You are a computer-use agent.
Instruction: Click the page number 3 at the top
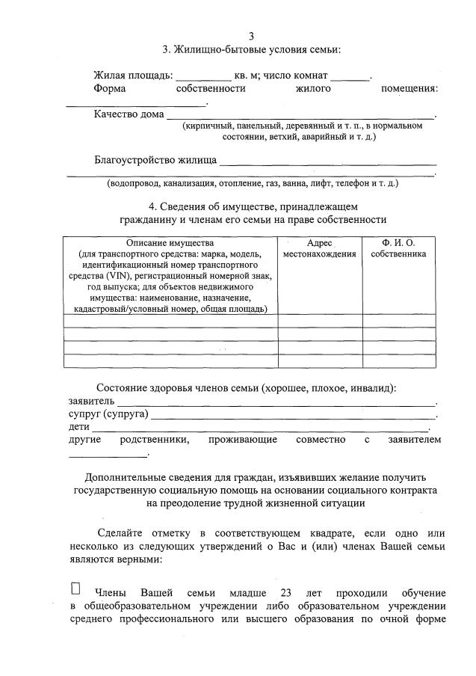coord(252,36)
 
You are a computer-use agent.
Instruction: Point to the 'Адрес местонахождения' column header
coord(320,248)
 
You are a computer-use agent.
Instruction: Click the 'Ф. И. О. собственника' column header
coord(398,248)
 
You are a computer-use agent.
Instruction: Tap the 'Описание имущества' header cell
coord(170,243)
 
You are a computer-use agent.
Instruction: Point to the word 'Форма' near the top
coord(110,88)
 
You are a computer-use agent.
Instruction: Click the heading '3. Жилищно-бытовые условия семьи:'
coord(252,50)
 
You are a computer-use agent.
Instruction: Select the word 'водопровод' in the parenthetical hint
coord(135,182)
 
